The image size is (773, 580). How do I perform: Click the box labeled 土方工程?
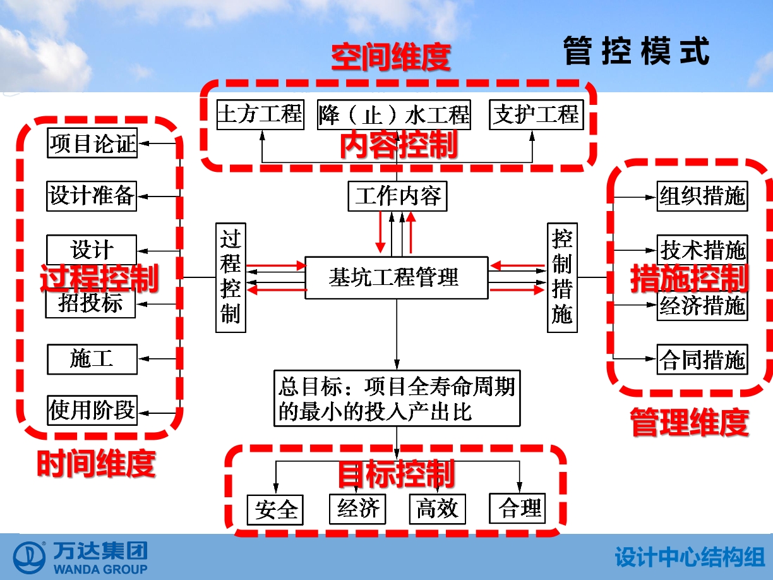pos(260,114)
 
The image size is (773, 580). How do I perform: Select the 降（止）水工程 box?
pos(393,114)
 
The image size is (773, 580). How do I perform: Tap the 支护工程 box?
pos(536,114)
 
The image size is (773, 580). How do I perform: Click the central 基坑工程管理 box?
pos(397,278)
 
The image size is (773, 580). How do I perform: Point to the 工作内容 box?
pos(398,196)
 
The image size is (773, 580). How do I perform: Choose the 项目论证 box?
pos(92,143)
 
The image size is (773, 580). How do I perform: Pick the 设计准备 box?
pos(92,196)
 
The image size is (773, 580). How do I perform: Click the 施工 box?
pos(92,359)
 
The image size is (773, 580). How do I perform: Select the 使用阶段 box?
pos(92,410)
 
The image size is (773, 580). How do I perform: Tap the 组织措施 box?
pos(702,196)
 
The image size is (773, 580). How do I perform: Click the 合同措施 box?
pos(702,359)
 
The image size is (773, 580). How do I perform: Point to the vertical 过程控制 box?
pos(231,277)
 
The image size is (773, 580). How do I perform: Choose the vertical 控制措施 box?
pos(562,277)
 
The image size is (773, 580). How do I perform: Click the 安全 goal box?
pos(275,510)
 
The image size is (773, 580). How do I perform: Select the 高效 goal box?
pos(438,509)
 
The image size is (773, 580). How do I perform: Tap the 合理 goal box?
pos(517,508)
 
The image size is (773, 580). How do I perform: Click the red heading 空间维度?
pos(391,57)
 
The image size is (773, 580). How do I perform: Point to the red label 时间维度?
pos(96,463)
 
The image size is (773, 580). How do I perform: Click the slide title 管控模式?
pos(637,51)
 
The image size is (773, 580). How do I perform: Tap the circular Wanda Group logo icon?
pos(29,558)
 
